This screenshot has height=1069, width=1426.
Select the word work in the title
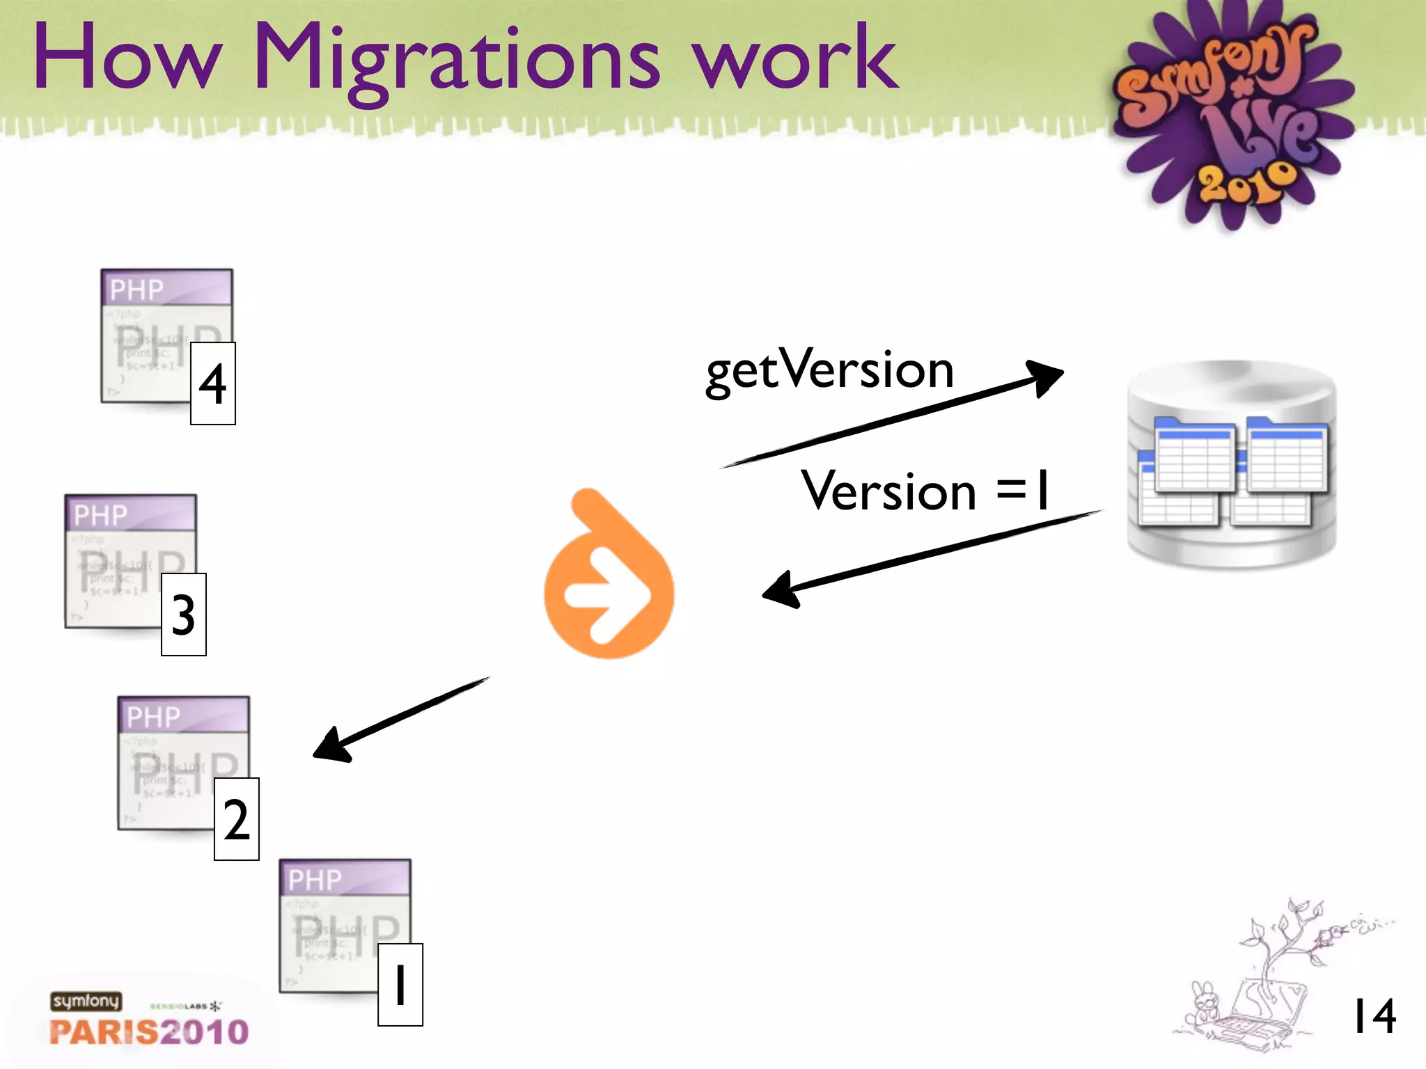794,59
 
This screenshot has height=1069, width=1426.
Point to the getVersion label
829,370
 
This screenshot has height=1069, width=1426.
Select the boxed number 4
213,383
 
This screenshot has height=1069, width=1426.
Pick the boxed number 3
184,615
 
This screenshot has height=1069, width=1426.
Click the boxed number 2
237,819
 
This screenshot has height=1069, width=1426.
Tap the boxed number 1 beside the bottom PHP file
400,985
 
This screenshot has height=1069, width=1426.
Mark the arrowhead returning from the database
781,590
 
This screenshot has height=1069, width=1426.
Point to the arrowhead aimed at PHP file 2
331,746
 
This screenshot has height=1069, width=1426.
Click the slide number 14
1374,1016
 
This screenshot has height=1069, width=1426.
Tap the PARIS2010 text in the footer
149,1031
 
